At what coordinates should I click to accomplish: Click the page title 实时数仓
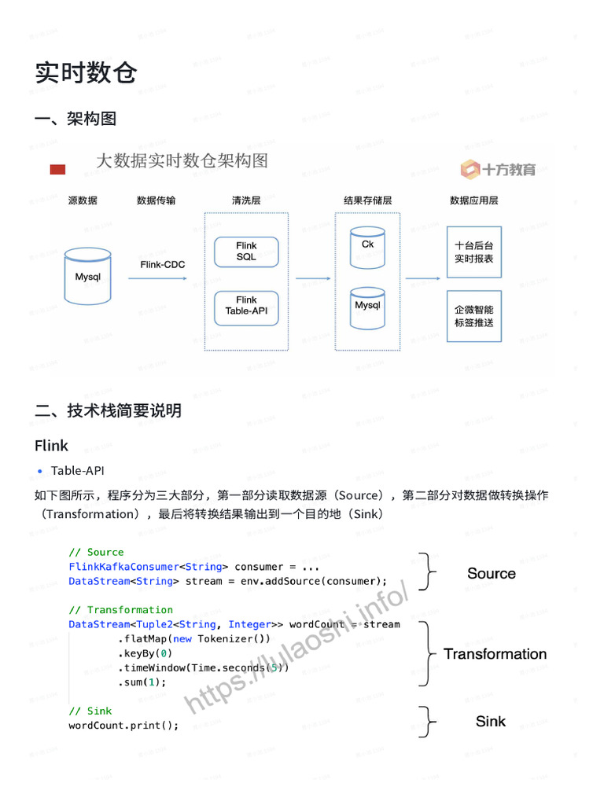[86, 73]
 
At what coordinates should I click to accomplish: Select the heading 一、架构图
[75, 119]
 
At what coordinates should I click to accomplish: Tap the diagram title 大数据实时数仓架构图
[182, 161]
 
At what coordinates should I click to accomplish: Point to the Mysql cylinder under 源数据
[88, 277]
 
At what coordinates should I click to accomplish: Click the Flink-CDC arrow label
[163, 265]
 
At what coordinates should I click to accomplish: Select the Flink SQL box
[246, 252]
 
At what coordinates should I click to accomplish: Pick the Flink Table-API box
[246, 305]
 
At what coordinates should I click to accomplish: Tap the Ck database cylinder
[367, 245]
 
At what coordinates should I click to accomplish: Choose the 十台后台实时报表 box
[473, 252]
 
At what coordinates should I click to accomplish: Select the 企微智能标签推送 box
[473, 316]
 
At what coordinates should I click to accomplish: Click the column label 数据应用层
[473, 200]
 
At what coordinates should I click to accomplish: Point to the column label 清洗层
[245, 200]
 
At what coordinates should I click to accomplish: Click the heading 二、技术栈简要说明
[108, 410]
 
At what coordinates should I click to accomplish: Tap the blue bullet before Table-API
[40, 472]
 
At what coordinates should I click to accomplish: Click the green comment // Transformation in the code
[120, 610]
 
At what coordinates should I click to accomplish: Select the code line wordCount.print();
[123, 726]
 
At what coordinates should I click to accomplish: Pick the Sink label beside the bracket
[491, 721]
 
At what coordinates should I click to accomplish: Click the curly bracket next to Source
[427, 572]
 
